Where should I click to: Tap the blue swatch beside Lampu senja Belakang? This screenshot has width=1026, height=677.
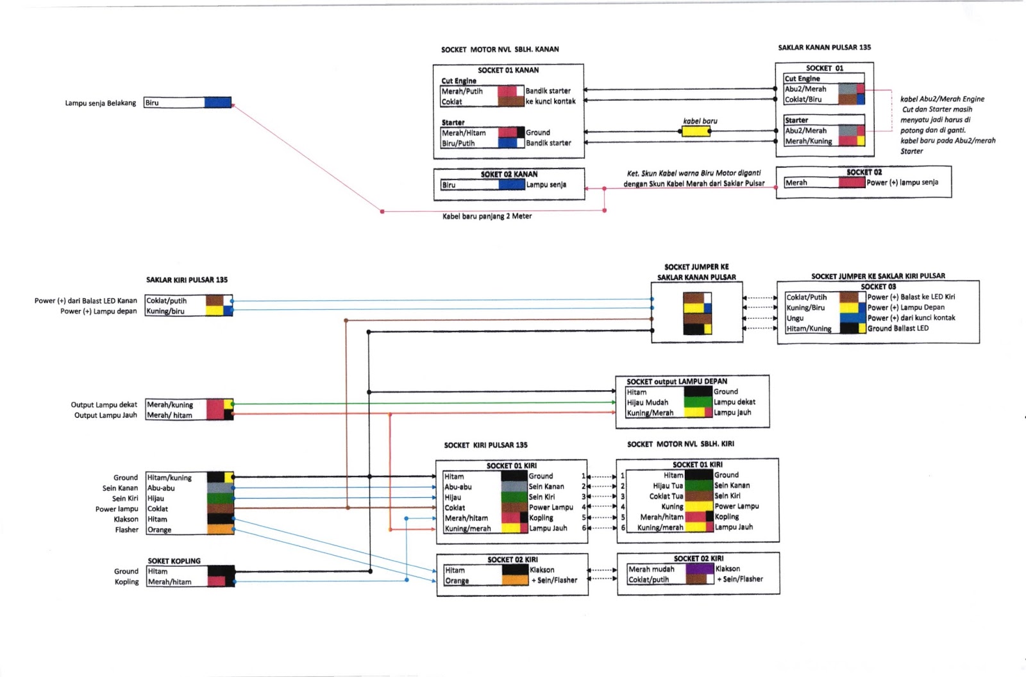(x=217, y=103)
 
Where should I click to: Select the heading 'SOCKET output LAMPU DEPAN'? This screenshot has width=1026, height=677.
(x=677, y=381)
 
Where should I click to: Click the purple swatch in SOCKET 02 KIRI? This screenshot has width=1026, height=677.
(x=700, y=569)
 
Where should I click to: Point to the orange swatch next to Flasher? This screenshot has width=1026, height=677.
(x=220, y=530)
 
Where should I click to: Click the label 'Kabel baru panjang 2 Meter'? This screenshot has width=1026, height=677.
(x=487, y=216)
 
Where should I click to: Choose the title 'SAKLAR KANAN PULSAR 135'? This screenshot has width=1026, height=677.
(x=824, y=47)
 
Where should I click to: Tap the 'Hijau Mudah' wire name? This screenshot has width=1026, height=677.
(x=647, y=402)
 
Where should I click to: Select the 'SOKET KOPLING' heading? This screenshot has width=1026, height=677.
(x=174, y=561)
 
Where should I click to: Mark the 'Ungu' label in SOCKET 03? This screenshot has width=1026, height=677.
(x=795, y=318)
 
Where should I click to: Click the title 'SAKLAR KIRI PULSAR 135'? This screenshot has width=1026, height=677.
(x=187, y=280)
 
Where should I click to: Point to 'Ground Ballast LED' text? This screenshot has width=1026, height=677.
(x=898, y=329)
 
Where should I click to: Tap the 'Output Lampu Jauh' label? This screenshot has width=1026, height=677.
(x=105, y=415)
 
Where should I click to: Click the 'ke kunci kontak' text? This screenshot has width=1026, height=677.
(x=550, y=101)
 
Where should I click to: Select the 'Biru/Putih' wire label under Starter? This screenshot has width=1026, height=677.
(x=458, y=143)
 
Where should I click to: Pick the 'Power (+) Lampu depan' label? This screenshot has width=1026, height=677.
(x=98, y=311)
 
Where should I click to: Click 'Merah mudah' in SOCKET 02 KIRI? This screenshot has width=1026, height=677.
(x=651, y=569)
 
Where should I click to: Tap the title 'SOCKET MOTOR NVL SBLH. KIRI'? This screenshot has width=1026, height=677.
(x=680, y=444)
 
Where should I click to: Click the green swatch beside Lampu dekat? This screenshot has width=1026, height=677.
(x=698, y=402)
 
